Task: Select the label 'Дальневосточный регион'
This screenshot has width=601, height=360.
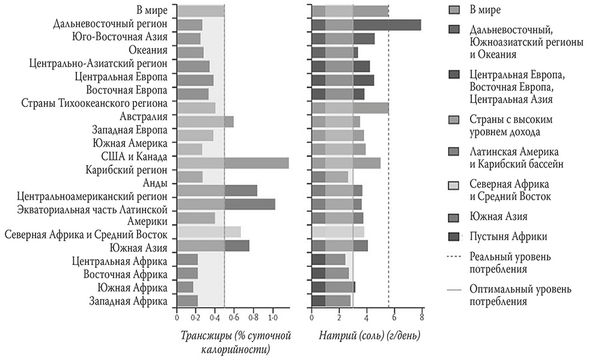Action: pyautogui.click(x=110, y=25)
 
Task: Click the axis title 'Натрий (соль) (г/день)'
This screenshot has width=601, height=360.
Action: pyautogui.click(x=370, y=334)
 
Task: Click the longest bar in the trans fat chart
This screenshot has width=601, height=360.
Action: pyautogui.click(x=233, y=163)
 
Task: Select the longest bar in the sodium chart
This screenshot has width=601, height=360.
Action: pyautogui.click(x=366, y=25)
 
